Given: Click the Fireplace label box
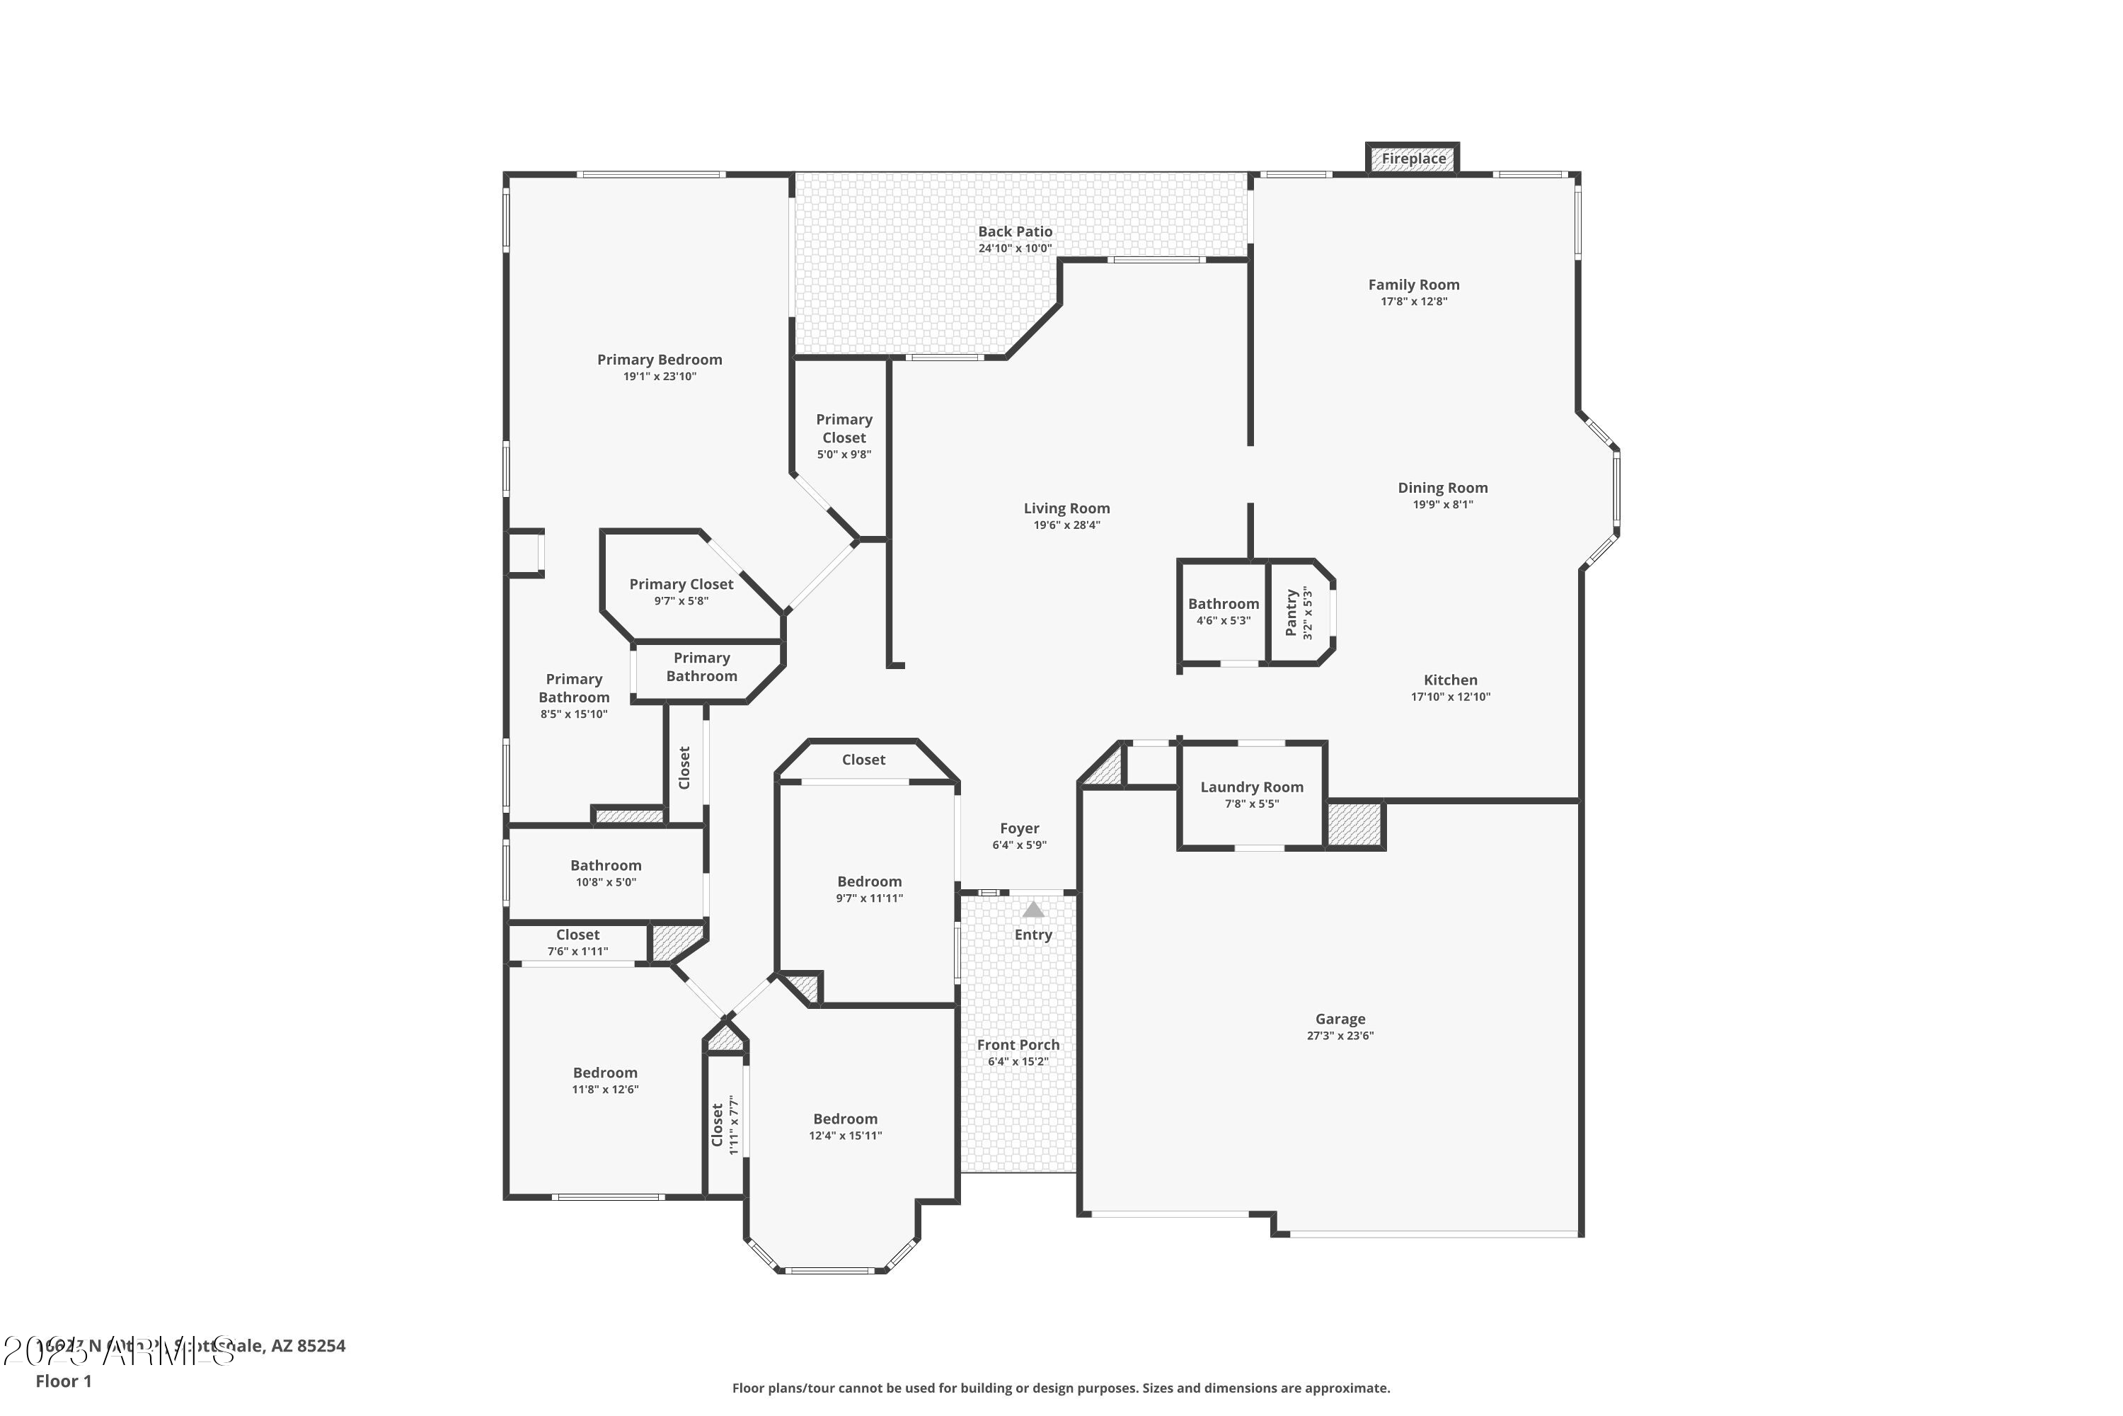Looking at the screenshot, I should click(x=1413, y=159).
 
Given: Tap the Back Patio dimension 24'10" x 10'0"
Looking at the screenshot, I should click(x=1015, y=249).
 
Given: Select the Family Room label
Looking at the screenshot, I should click(x=1413, y=285).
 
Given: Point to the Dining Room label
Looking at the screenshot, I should click(x=1442, y=488).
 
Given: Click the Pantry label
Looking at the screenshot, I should click(x=1291, y=612).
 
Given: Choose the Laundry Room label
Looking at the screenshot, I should click(x=1251, y=787).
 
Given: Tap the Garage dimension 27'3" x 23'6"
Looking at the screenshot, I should click(x=1340, y=1036).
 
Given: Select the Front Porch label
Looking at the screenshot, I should click(x=1018, y=1045).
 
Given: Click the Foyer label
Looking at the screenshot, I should click(x=1019, y=828).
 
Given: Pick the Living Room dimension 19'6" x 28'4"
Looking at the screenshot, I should click(x=1067, y=525).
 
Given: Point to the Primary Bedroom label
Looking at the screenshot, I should click(x=659, y=360).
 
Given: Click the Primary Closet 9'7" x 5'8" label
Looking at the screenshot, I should click(x=681, y=584).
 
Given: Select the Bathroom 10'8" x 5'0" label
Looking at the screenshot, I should click(x=606, y=866).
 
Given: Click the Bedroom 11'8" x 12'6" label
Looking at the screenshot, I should click(x=605, y=1073).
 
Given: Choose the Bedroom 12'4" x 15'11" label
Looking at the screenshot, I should click(x=845, y=1119).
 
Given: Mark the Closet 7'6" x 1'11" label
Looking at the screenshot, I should click(x=577, y=935).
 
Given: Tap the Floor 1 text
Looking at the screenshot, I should click(x=63, y=1381).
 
